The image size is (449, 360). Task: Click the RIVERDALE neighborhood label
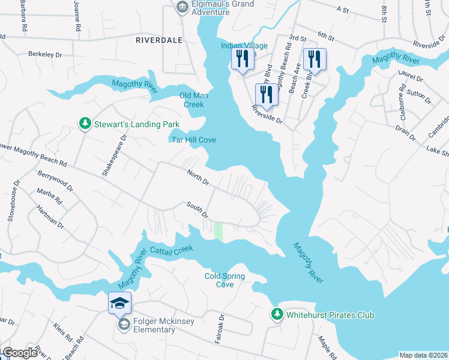(160, 41)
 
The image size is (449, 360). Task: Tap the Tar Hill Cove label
(191, 140)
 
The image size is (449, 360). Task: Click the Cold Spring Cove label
(224, 280)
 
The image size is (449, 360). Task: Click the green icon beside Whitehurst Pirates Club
(277, 314)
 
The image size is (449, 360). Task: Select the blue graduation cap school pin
(120, 303)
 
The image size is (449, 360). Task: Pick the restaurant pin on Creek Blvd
(314, 59)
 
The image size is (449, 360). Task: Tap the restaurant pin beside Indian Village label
(242, 59)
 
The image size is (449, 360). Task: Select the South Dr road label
(197, 210)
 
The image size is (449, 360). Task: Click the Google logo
(20, 353)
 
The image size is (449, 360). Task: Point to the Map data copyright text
(423, 355)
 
